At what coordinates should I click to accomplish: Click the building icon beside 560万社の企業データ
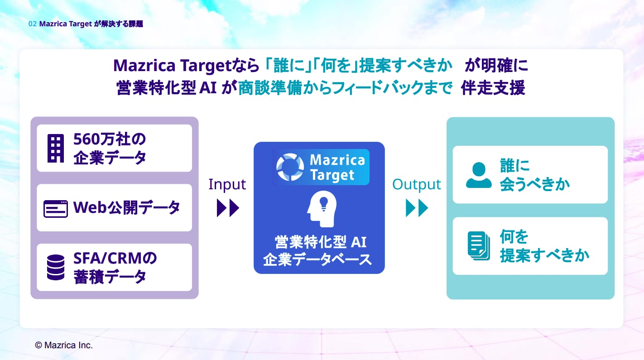[x=56, y=148]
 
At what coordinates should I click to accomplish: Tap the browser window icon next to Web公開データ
[x=56, y=209]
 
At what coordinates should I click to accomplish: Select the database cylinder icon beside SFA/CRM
[x=56, y=267]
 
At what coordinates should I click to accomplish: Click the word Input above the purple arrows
[x=227, y=184]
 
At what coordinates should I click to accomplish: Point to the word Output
[x=416, y=185]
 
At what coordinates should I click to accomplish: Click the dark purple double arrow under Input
[x=228, y=208]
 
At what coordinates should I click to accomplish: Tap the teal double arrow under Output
[x=417, y=208]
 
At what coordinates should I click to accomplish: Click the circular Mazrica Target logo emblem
[x=290, y=167]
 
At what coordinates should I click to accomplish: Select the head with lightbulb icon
[x=322, y=209]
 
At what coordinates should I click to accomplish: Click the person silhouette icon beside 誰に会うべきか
[x=479, y=175]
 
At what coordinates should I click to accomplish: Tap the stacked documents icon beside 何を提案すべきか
[x=479, y=246]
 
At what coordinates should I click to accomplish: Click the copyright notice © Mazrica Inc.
[x=63, y=345]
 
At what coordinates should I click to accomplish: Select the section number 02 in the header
[x=32, y=24]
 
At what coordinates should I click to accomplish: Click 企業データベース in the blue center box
[x=317, y=259]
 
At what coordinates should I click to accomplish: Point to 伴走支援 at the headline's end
[x=493, y=88]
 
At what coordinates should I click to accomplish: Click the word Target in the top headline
[x=206, y=66]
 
